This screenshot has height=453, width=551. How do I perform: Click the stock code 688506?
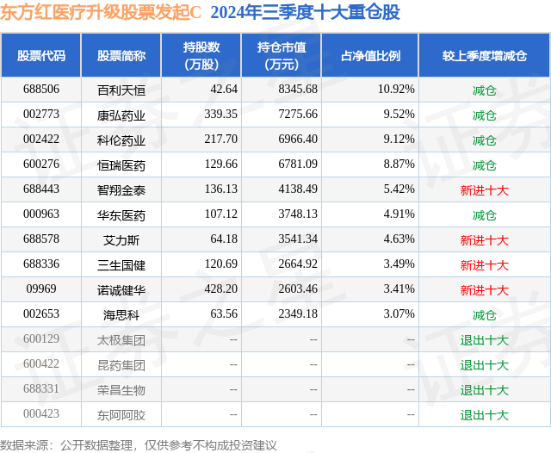pos(41,90)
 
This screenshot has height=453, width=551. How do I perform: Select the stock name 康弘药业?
pos(121,115)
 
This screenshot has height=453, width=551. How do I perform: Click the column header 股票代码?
pos(41,55)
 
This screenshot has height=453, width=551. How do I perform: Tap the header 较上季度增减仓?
pos(485,55)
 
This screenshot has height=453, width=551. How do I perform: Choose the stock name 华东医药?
pos(121,215)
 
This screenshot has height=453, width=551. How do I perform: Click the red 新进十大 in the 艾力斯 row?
pos(485,240)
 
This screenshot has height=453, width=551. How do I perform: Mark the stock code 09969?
pos(41,290)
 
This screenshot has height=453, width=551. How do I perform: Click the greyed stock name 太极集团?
pos(121,340)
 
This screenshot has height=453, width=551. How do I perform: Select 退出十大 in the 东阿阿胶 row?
pos(485,415)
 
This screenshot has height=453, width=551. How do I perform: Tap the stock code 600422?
pos(41,365)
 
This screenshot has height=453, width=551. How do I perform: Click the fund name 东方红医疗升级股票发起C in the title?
pos(102,12)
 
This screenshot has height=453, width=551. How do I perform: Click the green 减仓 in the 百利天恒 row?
pos(485,90)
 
